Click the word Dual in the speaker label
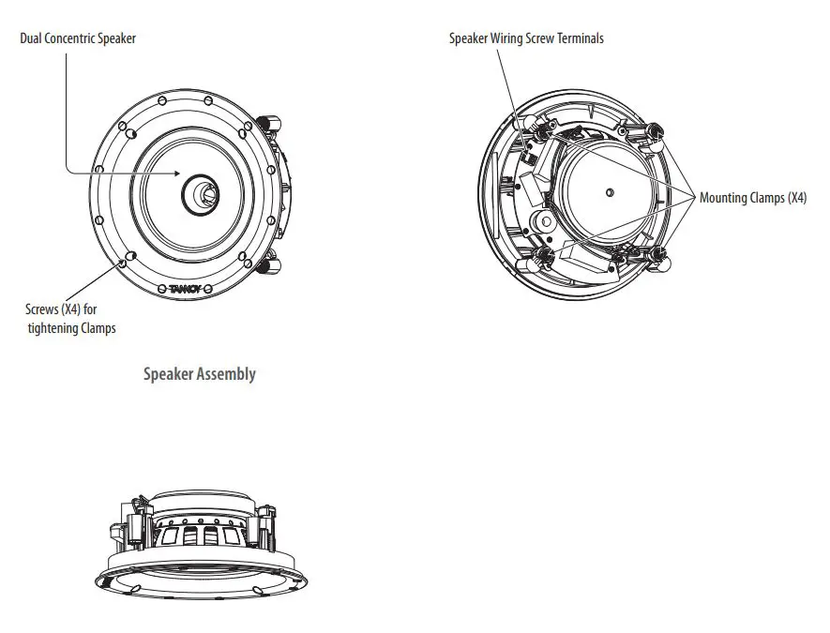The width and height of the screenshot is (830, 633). (x=33, y=39)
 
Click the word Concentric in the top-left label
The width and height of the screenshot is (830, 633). (x=77, y=39)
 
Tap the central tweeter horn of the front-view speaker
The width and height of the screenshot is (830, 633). (x=202, y=193)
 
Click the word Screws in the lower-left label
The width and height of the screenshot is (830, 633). (x=42, y=309)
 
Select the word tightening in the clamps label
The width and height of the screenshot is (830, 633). (x=55, y=328)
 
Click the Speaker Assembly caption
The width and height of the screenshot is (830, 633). (x=199, y=374)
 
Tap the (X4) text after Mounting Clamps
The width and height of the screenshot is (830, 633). (x=796, y=198)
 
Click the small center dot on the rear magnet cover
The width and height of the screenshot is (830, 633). (x=610, y=193)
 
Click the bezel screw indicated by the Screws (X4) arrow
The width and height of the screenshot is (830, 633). (x=128, y=256)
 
